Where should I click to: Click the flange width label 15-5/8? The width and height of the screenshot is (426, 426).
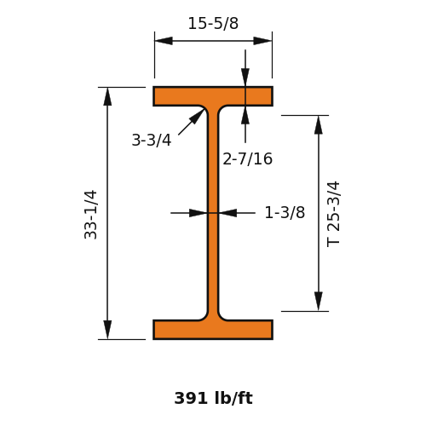coord(213,23)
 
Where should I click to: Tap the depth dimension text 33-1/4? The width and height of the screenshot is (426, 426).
coord(91,215)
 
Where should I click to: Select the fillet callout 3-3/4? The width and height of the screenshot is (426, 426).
coord(152,140)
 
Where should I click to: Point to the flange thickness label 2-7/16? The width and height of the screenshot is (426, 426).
coord(248,158)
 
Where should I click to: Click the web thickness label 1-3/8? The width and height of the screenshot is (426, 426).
coord(285,212)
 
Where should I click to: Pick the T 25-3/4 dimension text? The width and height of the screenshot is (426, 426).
coord(333,214)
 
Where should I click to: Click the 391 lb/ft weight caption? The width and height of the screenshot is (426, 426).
coord(213,398)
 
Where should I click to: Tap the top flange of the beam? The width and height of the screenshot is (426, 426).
coord(213,96)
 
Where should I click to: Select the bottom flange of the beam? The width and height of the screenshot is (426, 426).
coord(213,330)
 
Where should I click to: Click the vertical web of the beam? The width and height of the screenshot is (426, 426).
coord(213,213)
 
